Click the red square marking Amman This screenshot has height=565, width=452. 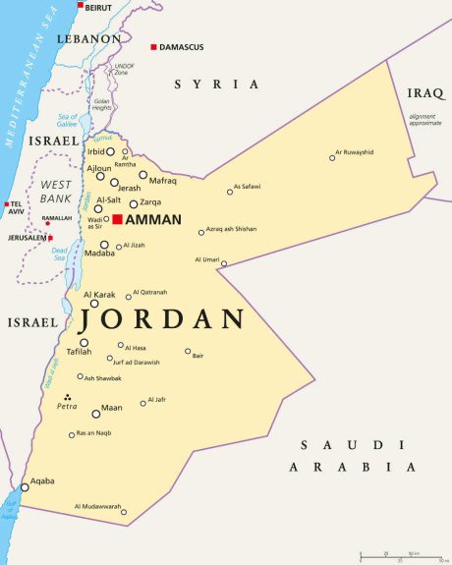[x=117, y=219]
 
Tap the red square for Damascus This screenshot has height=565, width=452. [x=153, y=47]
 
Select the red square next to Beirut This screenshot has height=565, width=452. [x=81, y=5]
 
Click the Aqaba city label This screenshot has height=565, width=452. [x=41, y=480]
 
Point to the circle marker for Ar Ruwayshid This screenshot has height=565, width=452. [x=332, y=157]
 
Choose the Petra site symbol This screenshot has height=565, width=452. [x=67, y=397]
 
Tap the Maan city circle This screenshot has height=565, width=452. [x=95, y=414]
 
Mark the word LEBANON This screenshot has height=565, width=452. [x=87, y=38]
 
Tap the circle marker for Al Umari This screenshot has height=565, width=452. [x=224, y=263]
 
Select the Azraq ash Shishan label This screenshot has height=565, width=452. [x=232, y=229]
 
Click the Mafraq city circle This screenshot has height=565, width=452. [x=142, y=175]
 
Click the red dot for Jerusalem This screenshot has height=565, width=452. [x=49, y=237]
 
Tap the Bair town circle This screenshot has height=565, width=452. [x=188, y=351]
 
